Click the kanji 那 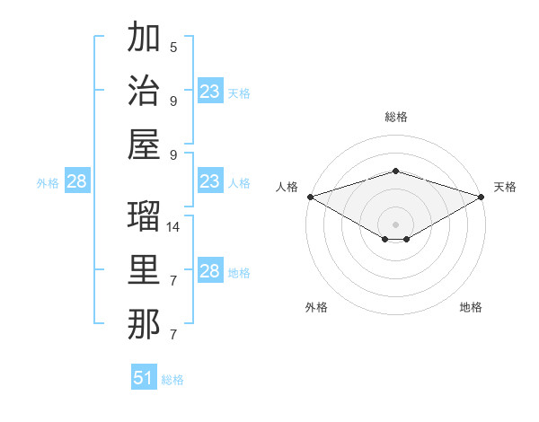[x=144, y=324]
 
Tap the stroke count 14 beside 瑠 [x=173, y=227]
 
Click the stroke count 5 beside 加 [x=173, y=47]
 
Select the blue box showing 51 [x=144, y=378]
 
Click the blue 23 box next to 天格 [x=209, y=92]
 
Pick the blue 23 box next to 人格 [x=209, y=181]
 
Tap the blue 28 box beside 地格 [x=209, y=271]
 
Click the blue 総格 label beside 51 [x=172, y=380]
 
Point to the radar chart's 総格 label [x=395, y=117]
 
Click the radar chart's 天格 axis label [x=505, y=187]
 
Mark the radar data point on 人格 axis [x=310, y=197]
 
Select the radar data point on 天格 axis [x=481, y=197]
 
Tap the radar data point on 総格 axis [x=395, y=171]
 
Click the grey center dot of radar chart [x=395, y=224]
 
